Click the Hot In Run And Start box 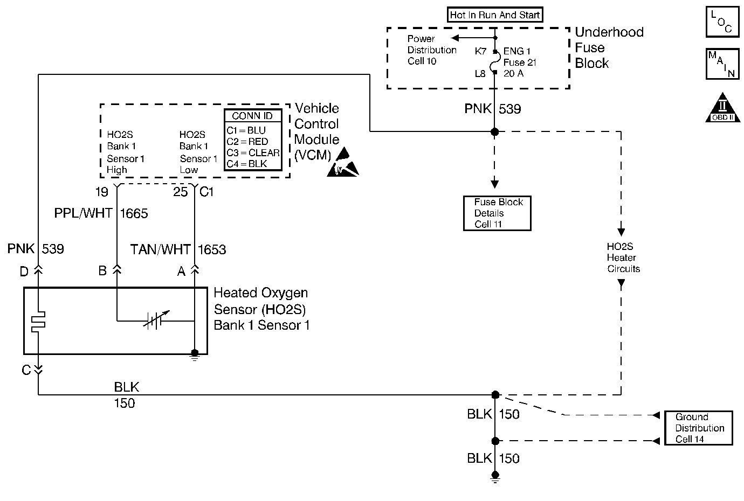495,15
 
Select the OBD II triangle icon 722,109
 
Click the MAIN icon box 722,64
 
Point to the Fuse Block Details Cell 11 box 497,213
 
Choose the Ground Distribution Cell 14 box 698,428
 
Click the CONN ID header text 252,116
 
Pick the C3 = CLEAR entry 253,153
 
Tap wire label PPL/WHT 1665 101,213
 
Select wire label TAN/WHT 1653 178,249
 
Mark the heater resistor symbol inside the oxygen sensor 38,321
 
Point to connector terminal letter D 24,272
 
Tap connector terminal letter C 26,371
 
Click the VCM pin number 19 101,192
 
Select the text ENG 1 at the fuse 516,51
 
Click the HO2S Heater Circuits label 623,258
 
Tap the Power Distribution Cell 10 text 431,50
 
